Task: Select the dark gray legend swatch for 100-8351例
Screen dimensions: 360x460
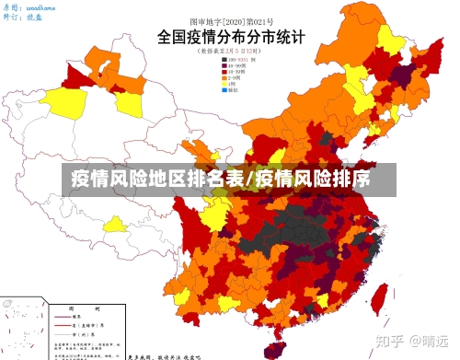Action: [x=224, y=60]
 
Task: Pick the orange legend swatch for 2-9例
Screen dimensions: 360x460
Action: [x=224, y=79]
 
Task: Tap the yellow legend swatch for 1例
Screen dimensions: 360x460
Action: [x=224, y=86]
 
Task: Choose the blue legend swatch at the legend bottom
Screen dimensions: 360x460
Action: [x=224, y=92]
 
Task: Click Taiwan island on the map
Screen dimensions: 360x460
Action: [x=378, y=296]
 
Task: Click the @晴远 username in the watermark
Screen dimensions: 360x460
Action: [x=432, y=340]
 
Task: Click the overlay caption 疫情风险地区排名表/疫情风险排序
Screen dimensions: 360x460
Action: [x=221, y=178]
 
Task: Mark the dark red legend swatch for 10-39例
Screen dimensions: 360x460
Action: [x=224, y=73]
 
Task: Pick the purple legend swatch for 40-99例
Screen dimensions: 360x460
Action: [x=224, y=66]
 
